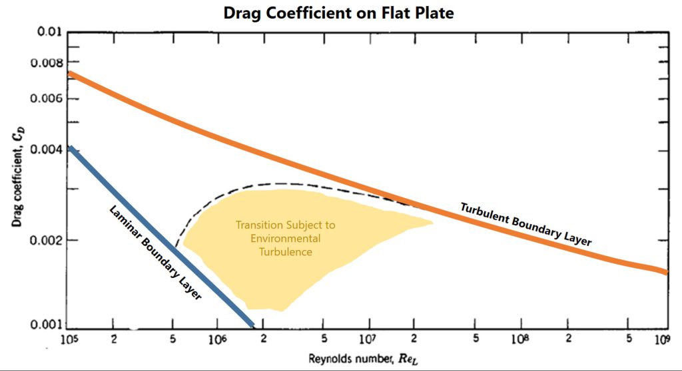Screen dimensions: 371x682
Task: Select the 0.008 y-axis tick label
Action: [45, 63]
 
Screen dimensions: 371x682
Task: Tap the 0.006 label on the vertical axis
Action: [45, 99]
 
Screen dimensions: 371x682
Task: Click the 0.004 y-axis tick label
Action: [45, 150]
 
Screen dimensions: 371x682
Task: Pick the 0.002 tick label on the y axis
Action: [45, 240]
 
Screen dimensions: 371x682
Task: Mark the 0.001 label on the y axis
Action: [45, 325]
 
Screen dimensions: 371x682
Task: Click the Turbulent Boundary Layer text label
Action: [525, 225]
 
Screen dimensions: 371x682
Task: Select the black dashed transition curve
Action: [280, 183]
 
